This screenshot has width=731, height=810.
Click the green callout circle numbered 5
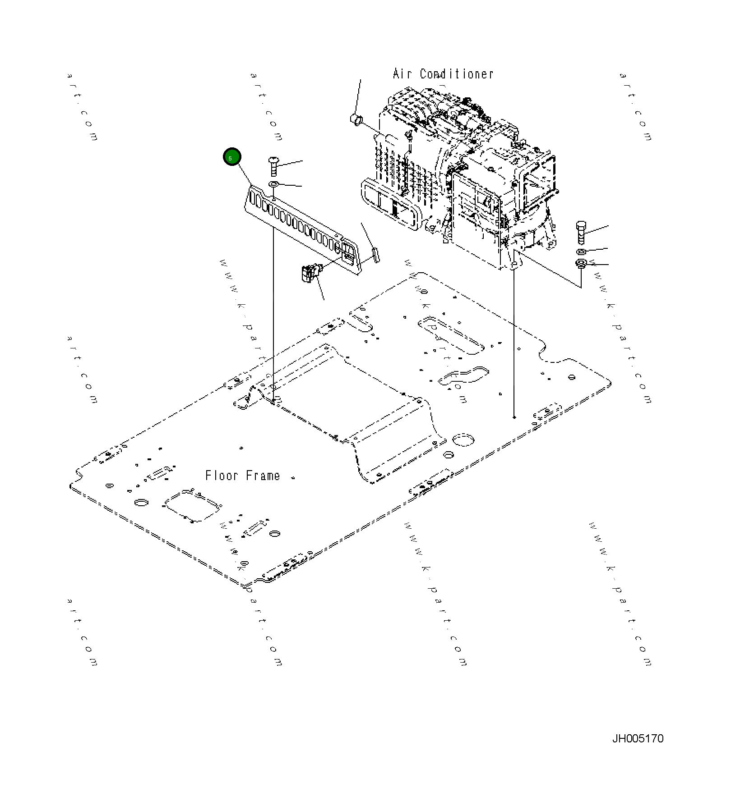coord(232,157)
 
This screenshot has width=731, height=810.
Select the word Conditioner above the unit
coord(456,74)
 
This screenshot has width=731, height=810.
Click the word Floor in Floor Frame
coord(222,476)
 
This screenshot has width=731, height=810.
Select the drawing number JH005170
coord(638,738)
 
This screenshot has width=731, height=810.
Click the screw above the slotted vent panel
coord(273,165)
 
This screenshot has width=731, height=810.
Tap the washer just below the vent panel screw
coord(273,184)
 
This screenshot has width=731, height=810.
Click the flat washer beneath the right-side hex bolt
coord(581,252)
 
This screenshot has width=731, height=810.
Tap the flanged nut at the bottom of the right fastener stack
coord(581,263)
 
